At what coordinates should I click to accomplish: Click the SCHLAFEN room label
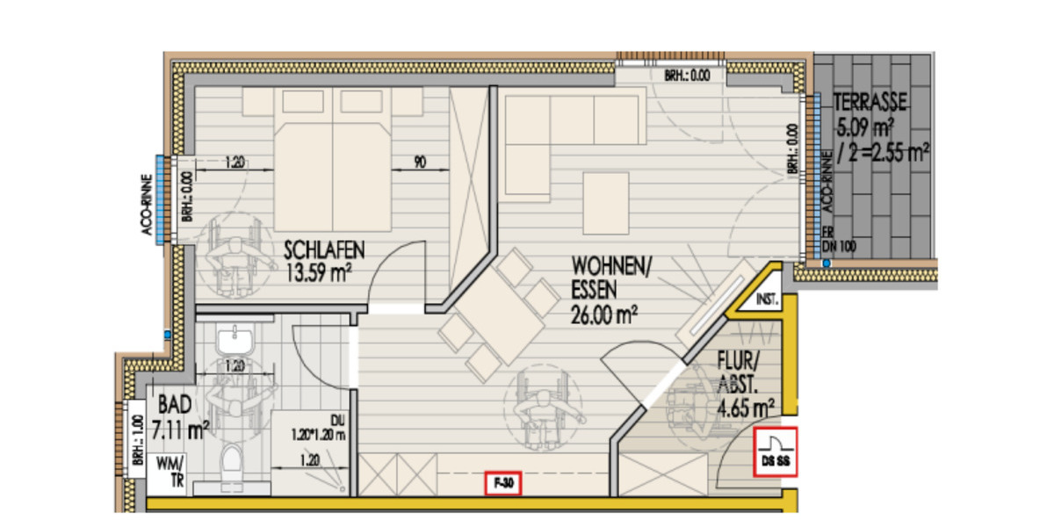click(x=324, y=250)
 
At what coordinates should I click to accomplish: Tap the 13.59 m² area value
click(x=319, y=271)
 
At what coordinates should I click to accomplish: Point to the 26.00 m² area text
click(x=603, y=313)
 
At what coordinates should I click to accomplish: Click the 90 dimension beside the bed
click(x=420, y=162)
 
